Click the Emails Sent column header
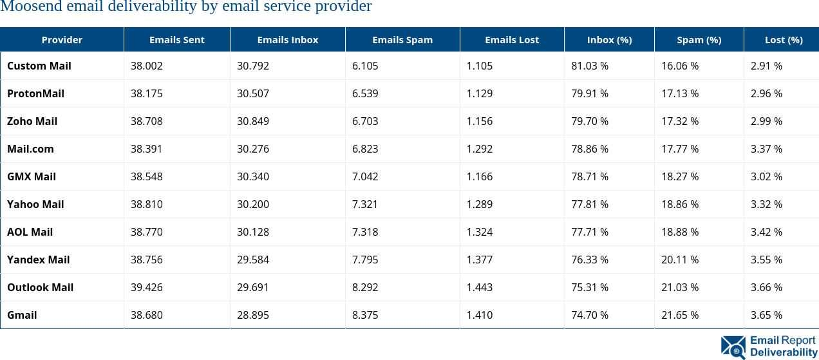point(176,40)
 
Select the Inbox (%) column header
point(609,40)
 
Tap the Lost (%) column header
point(783,40)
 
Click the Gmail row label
point(22,315)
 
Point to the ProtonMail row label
point(35,93)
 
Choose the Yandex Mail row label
point(38,260)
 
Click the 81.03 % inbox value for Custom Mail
point(590,66)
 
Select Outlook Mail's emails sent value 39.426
point(146,287)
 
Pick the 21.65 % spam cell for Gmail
point(680,315)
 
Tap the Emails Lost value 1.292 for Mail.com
point(480,149)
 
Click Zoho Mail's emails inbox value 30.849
point(253,121)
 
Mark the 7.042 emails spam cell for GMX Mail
point(365,176)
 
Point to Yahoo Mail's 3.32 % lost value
point(766,204)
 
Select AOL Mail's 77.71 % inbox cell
point(590,232)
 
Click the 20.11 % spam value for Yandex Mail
point(680,260)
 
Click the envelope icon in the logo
point(733,347)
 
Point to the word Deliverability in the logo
point(783,352)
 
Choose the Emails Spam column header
point(402,40)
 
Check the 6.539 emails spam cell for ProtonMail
point(365,93)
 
